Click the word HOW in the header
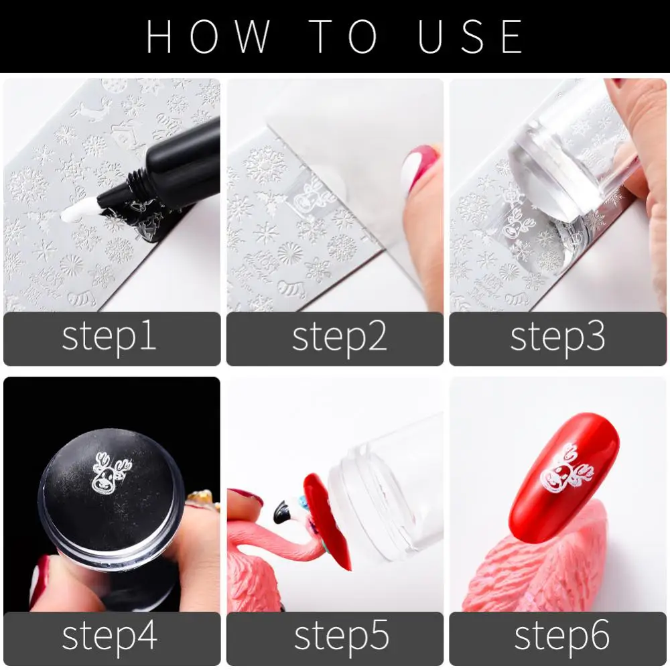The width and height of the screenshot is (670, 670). pos(208,36)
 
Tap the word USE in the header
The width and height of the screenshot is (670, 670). pos(470,36)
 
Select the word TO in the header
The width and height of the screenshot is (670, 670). pos(344,36)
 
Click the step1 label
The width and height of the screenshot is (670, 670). pos(109,338)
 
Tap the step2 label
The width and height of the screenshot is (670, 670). pos(339,338)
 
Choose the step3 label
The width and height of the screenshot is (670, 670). pos(557,338)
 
